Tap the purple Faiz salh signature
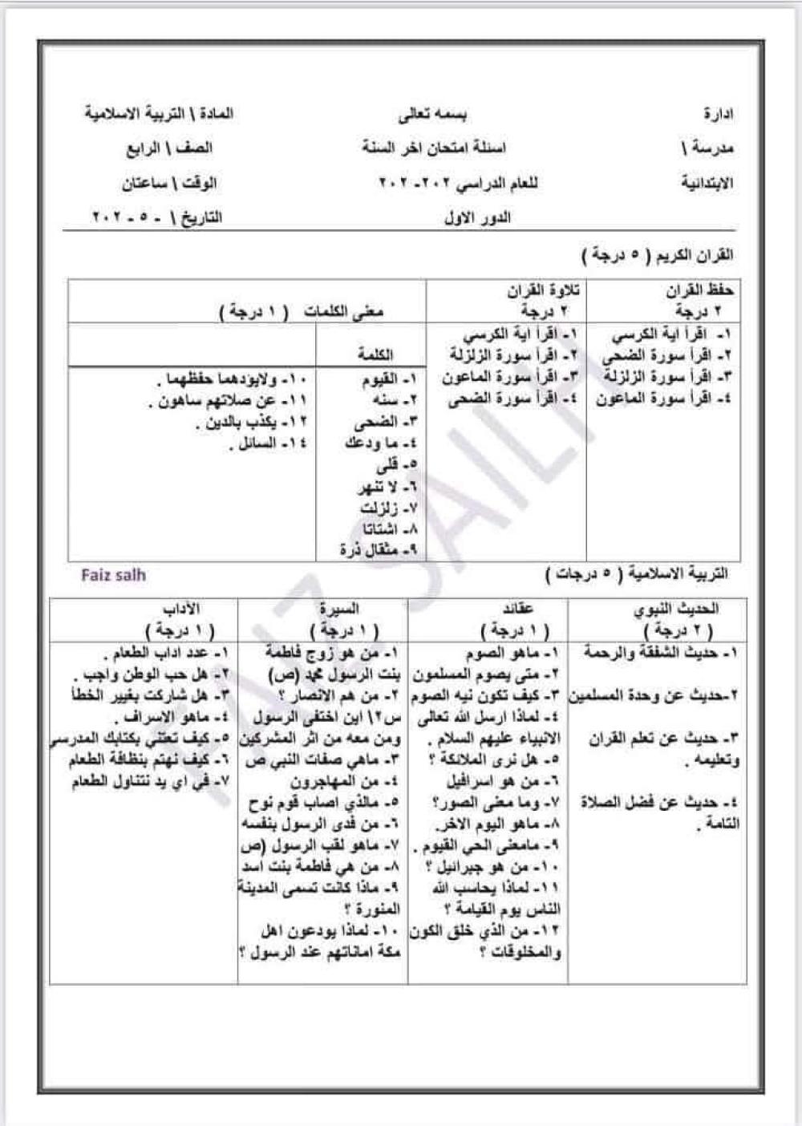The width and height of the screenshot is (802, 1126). [113, 575]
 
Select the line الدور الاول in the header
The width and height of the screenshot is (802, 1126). [477, 218]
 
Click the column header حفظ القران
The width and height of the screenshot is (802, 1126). [699, 290]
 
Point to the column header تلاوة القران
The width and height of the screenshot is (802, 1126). [543, 290]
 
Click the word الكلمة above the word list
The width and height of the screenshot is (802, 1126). [375, 354]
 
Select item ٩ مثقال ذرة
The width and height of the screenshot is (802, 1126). [378, 550]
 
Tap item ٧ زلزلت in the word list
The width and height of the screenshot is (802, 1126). [389, 508]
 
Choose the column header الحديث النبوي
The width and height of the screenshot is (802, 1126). [676, 609]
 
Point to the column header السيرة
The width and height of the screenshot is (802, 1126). [339, 609]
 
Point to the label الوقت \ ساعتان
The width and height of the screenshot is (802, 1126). [169, 184]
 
